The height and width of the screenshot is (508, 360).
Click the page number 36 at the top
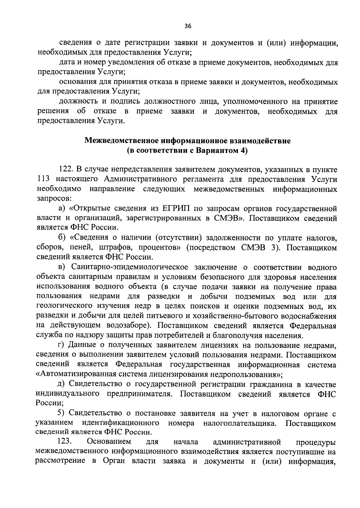(x=188, y=26)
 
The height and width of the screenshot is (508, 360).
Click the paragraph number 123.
(x=64, y=442)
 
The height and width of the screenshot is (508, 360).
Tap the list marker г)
(x=61, y=345)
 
